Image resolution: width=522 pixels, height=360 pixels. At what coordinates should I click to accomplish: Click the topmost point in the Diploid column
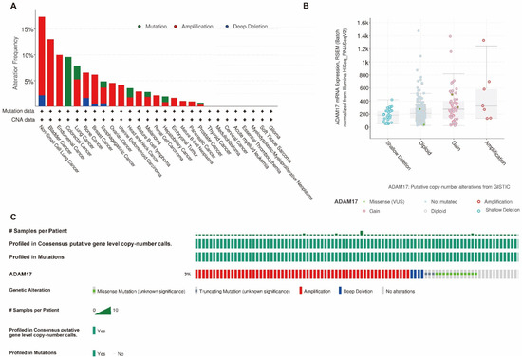[418, 31]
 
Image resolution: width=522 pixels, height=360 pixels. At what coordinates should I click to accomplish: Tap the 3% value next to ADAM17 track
[187, 273]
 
